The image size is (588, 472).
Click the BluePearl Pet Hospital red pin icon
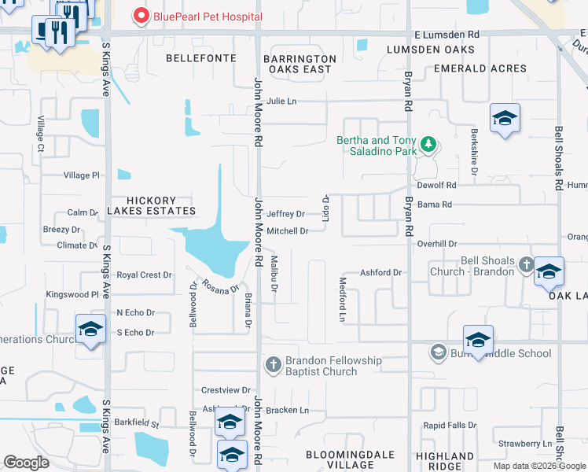coord(141,15)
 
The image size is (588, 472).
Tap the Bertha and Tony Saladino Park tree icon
coord(428,144)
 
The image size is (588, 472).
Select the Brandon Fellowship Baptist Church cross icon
coord(272,363)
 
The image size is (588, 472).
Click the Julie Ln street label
coord(281,101)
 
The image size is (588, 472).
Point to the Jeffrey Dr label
coord(285,214)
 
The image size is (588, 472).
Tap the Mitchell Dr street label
coord(287,231)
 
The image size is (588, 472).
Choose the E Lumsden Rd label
coord(447,35)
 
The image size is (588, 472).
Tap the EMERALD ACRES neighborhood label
coord(480,68)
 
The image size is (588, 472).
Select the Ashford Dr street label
coord(380,273)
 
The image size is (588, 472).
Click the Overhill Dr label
coord(437,245)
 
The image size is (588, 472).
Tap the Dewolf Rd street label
coord(437,186)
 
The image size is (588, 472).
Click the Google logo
coord(26,462)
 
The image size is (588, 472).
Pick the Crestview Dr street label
coord(226,390)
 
